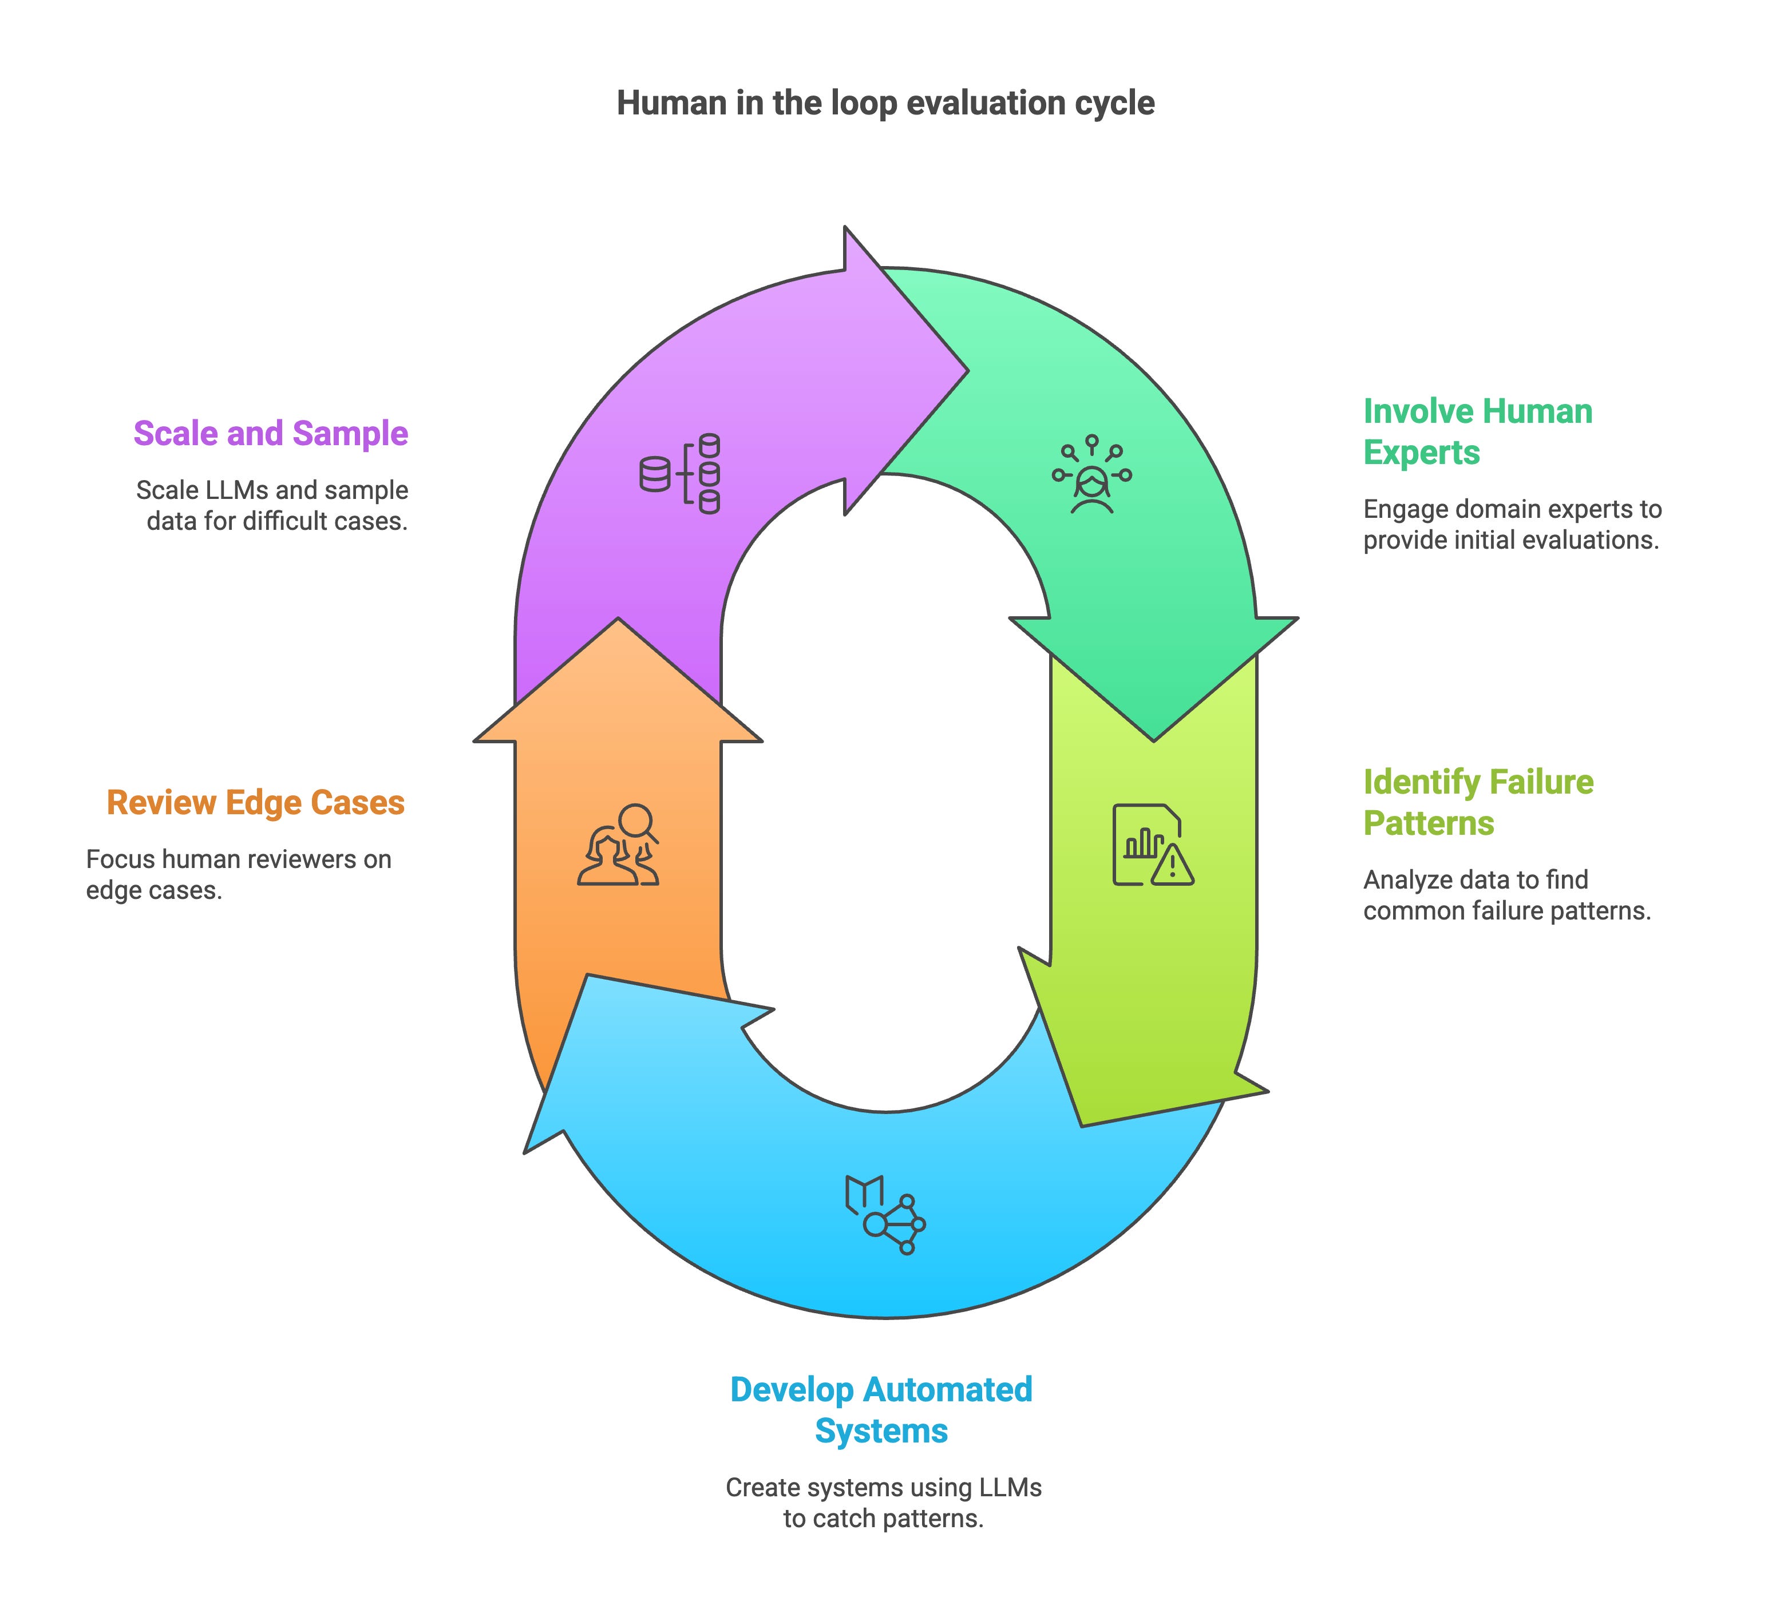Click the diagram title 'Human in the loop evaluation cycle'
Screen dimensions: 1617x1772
pyautogui.click(x=885, y=103)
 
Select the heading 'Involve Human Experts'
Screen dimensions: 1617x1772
pyautogui.click(x=1477, y=431)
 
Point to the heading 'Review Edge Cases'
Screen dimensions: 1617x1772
pyautogui.click(x=256, y=802)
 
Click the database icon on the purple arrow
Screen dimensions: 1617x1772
pyautogui.click(x=679, y=474)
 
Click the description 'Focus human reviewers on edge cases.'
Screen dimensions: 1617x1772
pyautogui.click(x=239, y=874)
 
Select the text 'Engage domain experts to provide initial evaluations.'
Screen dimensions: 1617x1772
pyautogui.click(x=1512, y=525)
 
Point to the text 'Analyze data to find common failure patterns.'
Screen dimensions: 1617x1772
pyautogui.click(x=1506, y=895)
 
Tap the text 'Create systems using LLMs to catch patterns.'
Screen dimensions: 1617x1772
pyautogui.click(x=883, y=1503)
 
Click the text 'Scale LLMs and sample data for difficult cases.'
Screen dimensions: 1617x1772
pyautogui.click(x=272, y=505)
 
